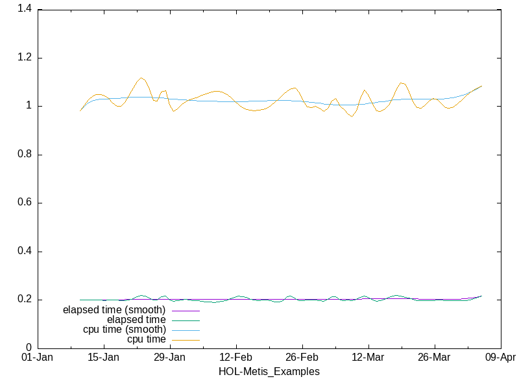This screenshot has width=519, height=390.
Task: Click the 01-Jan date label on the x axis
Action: [x=38, y=357]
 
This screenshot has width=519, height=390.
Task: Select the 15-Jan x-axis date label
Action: [x=104, y=357]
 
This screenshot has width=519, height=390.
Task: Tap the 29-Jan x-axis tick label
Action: [x=170, y=357]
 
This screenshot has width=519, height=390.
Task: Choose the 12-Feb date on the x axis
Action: [x=236, y=357]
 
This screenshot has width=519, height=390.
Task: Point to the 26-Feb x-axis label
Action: [x=302, y=357]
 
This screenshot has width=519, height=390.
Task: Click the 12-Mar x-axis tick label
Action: [x=368, y=357]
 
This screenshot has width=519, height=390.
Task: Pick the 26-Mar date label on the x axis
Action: [x=434, y=357]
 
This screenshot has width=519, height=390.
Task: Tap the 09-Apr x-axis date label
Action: [x=500, y=357]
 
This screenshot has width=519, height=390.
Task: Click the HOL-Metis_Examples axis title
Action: [x=269, y=372]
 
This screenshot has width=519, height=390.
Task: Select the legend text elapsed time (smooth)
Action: [x=114, y=310]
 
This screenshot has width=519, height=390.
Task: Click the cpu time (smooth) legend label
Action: [x=124, y=330]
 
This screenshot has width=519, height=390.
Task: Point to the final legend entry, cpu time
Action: [x=146, y=339]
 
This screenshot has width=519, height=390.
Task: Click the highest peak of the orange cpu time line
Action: [x=141, y=78]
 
